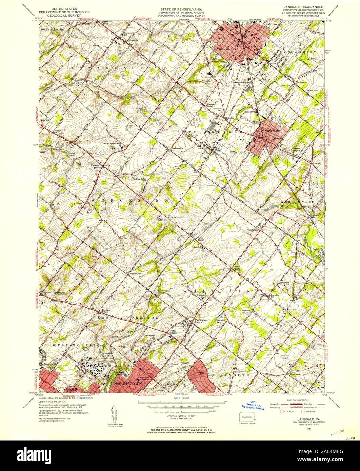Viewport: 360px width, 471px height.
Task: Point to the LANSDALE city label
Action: tap(223, 48)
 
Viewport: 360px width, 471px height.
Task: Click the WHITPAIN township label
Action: tap(216, 291)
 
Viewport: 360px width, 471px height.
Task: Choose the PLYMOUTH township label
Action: tap(232, 375)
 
